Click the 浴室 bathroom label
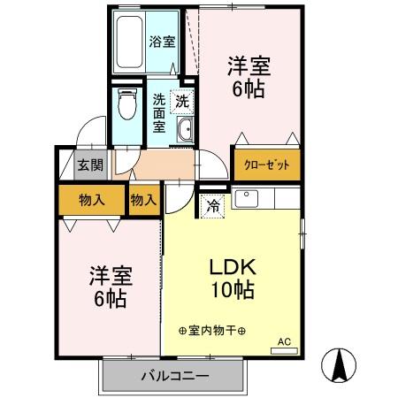pyautogui.click(x=161, y=41)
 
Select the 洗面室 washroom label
pyautogui.click(x=160, y=112)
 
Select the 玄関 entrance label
pyautogui.click(x=88, y=165)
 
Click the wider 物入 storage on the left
pyautogui.click(x=92, y=199)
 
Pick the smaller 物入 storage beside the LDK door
pyautogui.click(x=143, y=200)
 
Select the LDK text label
pyautogui.click(x=232, y=267)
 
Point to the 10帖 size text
pyautogui.click(x=232, y=290)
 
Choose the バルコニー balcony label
pyautogui.click(x=174, y=377)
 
